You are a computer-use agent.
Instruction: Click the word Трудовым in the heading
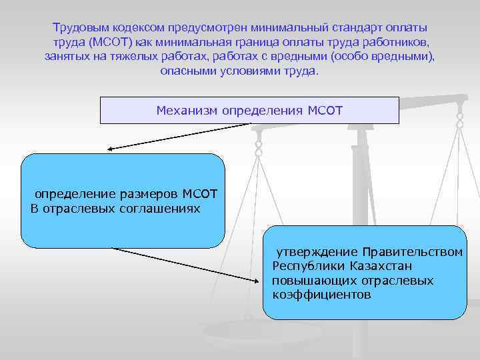(79, 28)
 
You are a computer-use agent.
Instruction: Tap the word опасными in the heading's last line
(188, 71)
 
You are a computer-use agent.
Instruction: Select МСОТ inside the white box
(325, 109)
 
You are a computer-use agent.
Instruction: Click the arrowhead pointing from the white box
(111, 148)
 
